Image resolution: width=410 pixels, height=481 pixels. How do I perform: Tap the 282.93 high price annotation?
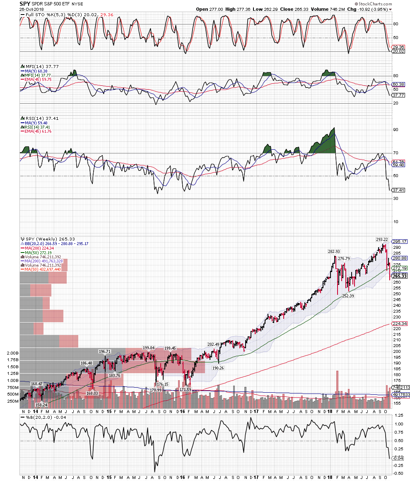(x=334, y=252)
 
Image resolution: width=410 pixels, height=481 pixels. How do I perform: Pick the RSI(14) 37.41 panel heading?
(x=40, y=118)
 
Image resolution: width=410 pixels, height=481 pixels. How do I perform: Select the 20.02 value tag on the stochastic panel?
(x=398, y=51)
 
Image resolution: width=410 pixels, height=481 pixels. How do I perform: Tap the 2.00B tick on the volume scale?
(x=12, y=353)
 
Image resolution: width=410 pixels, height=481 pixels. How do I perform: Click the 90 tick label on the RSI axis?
(x=395, y=130)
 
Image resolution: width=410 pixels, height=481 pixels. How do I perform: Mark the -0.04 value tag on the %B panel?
(x=398, y=458)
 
